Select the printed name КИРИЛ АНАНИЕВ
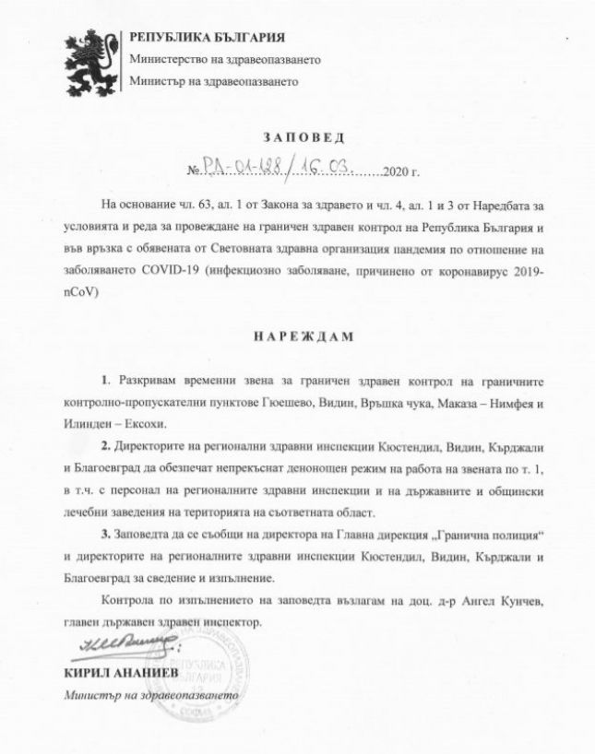(118, 674)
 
